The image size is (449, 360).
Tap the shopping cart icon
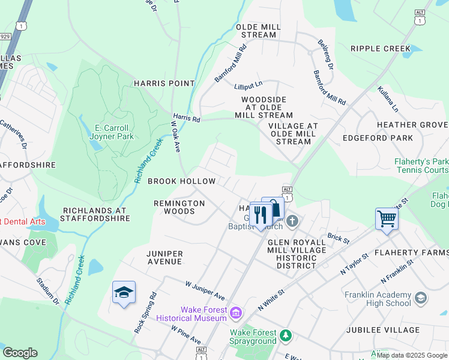point(387,218)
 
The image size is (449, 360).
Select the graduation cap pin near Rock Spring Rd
point(124,292)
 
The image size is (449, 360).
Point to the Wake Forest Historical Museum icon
point(237,313)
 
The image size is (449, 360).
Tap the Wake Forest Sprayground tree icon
point(286,335)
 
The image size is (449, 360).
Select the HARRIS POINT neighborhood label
point(164,83)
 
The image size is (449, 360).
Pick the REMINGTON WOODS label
point(179,208)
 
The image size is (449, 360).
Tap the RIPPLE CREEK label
point(380,49)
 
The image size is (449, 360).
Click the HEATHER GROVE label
point(412,125)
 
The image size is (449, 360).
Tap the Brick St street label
point(339,238)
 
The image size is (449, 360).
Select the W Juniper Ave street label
point(205,290)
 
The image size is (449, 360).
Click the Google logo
point(20,353)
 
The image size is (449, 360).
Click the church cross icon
point(292,221)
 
